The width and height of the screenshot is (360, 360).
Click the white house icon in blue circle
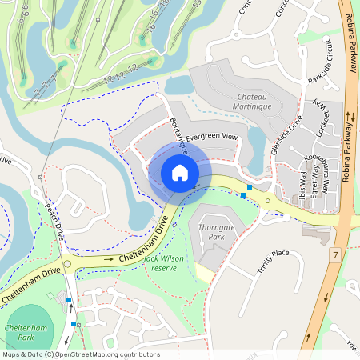tap(179, 173)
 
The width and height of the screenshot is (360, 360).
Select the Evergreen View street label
tap(212, 137)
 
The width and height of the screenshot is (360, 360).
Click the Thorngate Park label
tap(211, 231)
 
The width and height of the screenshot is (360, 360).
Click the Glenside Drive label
tap(286, 135)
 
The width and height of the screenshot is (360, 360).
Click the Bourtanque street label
tap(178, 134)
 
